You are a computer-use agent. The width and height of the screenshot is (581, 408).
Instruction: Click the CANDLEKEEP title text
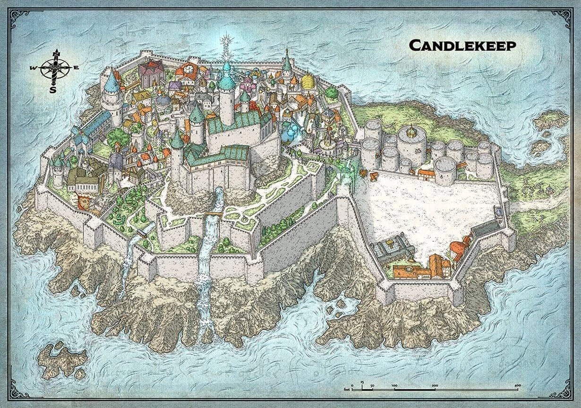462,45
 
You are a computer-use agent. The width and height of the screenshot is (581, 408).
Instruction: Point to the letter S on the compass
53,88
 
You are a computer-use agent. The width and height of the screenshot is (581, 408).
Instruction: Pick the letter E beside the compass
76,68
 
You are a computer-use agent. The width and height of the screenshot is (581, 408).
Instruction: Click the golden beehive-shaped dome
308,81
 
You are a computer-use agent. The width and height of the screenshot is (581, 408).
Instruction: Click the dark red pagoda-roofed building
151,72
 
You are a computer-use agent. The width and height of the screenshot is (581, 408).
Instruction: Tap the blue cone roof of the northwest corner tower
111,82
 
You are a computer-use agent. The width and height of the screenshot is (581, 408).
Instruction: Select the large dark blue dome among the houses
163,101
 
